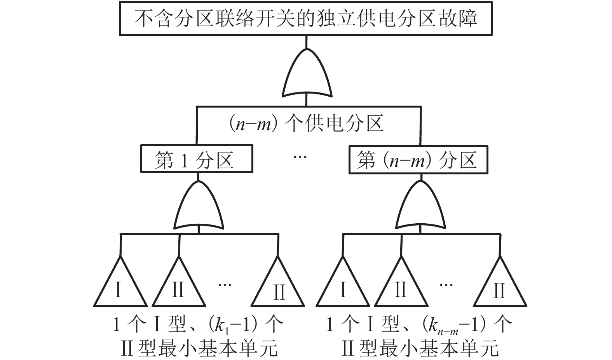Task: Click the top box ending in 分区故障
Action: point(306,19)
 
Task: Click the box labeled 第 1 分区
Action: point(197,159)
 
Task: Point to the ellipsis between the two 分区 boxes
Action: point(300,157)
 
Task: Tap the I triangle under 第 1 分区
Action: point(120,285)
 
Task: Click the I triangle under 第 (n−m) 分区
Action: point(343,285)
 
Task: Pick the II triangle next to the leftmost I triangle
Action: point(178,285)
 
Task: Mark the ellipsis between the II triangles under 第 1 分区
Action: point(225,285)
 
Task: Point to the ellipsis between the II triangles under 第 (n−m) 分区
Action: point(446,285)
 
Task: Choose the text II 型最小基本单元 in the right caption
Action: point(420,348)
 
